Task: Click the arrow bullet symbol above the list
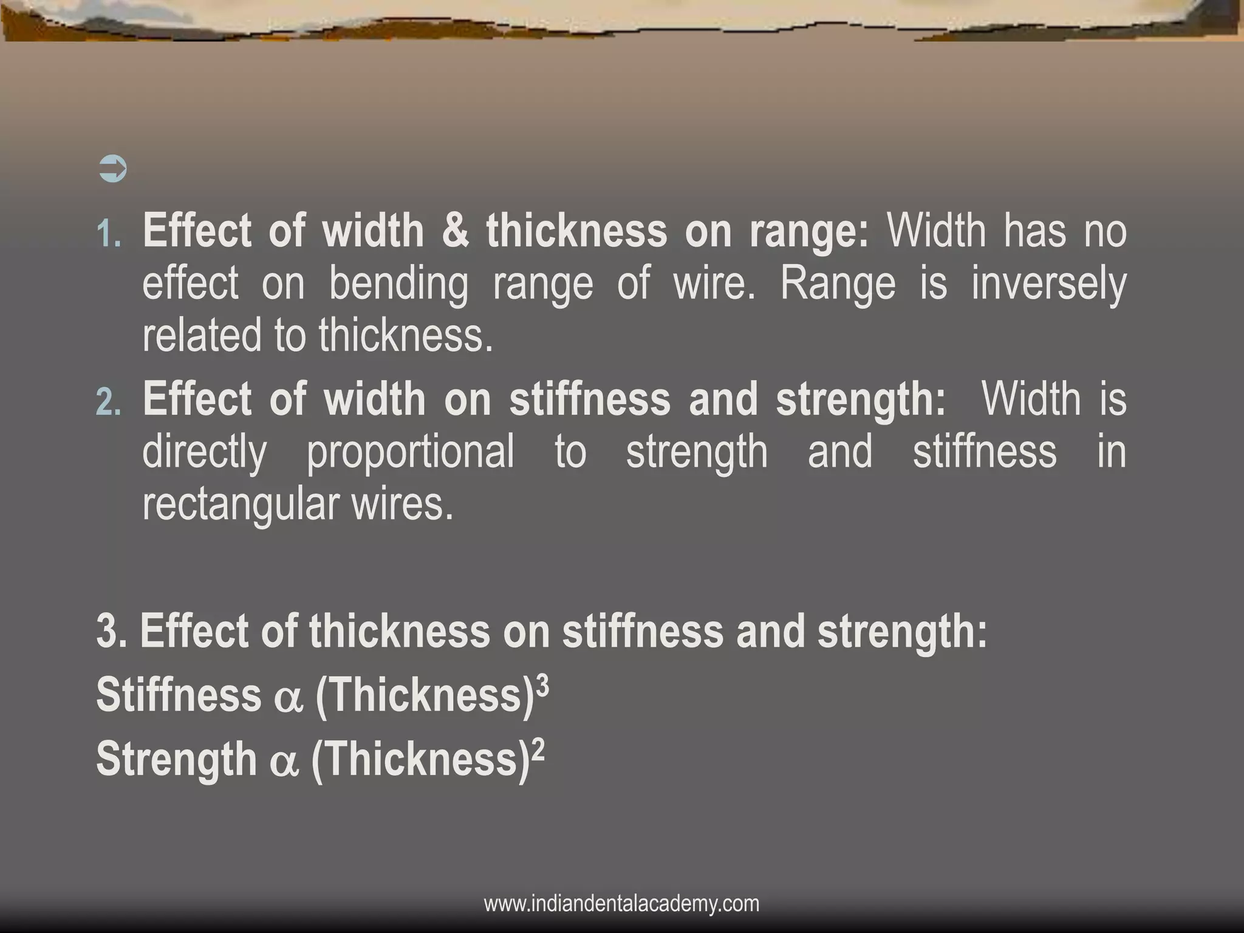[x=112, y=169]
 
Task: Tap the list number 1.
[x=109, y=234]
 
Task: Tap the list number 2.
[x=109, y=402]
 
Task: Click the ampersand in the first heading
[x=456, y=231]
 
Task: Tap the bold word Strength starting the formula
[x=177, y=759]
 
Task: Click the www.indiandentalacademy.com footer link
[x=621, y=903]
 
